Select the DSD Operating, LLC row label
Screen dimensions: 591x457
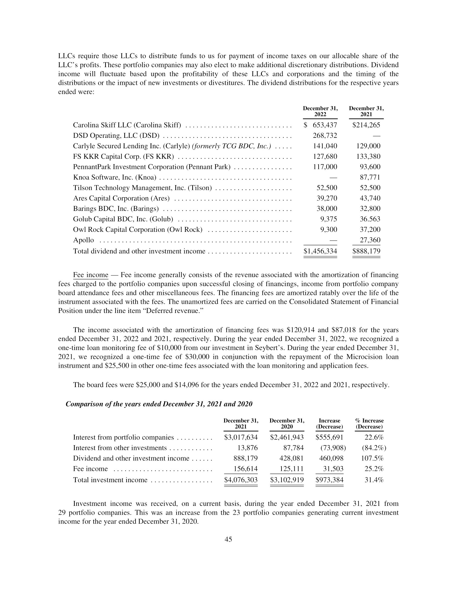pos(116,136)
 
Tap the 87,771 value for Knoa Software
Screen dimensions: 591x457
pos(370,178)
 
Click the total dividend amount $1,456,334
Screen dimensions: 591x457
pos(320,251)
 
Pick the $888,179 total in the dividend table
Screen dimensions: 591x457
pos(366,251)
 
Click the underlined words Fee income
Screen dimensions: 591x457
pos(90,275)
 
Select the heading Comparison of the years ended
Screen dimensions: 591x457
pos(159,404)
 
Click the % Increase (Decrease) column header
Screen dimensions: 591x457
pos(369,424)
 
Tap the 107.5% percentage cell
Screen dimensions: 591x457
pos(372,458)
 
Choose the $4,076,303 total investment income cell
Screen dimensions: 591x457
pos(241,480)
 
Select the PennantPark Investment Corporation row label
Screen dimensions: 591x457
pos(152,167)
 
